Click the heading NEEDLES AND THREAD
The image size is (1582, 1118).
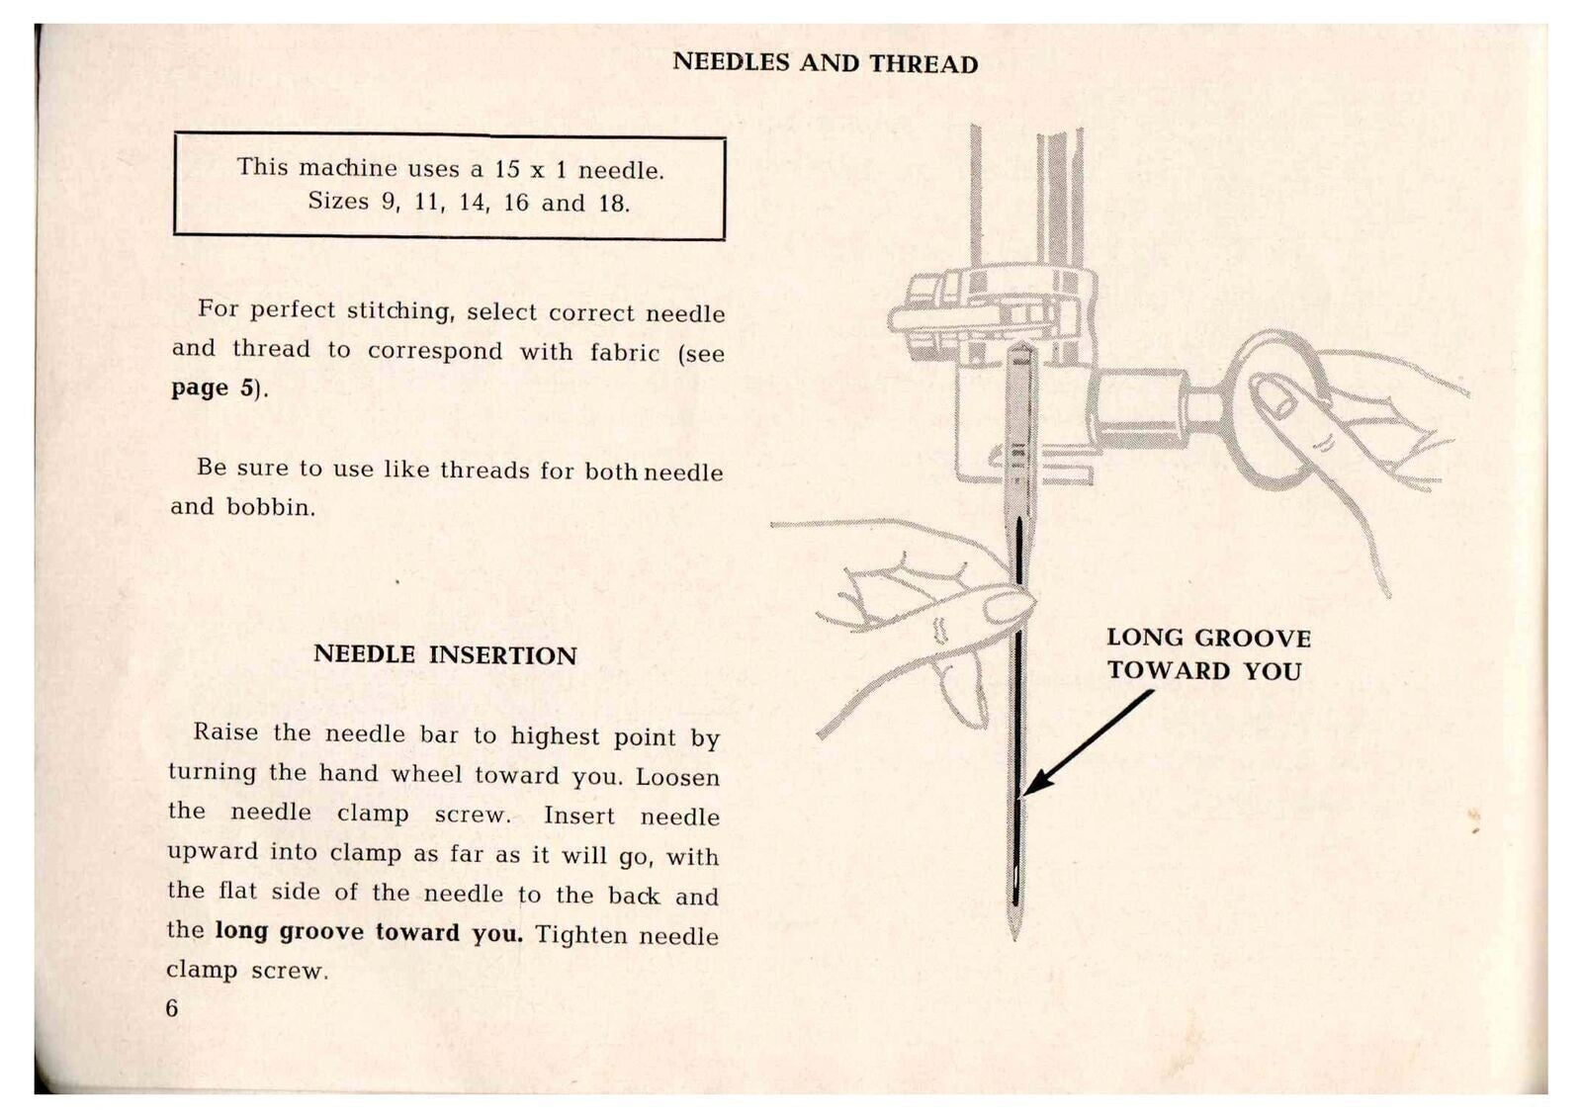tap(825, 63)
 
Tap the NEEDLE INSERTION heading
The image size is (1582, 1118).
tap(445, 654)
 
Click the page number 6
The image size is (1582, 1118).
tap(172, 1007)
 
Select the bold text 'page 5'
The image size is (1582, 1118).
tap(214, 387)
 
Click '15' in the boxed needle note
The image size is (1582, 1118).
tap(507, 169)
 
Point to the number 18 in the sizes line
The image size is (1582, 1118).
tap(612, 204)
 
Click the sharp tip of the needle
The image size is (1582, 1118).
tap(1014, 935)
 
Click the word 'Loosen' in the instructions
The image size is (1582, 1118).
tap(677, 777)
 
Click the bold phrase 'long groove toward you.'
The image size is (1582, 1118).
tap(368, 932)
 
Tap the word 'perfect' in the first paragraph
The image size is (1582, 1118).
tap(293, 309)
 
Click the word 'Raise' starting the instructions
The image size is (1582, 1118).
tap(225, 732)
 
